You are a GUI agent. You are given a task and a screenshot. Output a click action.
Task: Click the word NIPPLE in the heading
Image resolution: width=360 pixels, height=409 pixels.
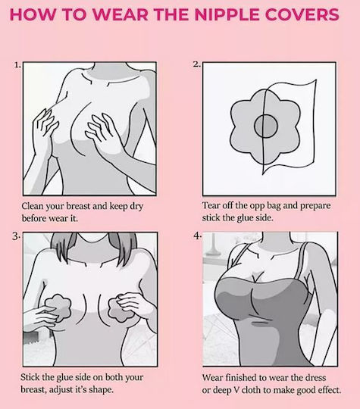(227, 14)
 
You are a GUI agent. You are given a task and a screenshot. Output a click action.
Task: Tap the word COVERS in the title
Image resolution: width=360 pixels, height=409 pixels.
(302, 14)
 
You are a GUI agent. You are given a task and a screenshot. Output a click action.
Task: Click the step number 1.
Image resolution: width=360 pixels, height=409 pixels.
(17, 65)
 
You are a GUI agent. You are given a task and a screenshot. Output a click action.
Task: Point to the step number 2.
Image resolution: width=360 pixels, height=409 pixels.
(197, 64)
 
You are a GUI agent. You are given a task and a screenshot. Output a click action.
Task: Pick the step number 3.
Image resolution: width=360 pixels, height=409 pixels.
(16, 236)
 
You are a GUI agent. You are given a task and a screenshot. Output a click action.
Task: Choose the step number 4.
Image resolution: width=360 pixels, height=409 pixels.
(197, 236)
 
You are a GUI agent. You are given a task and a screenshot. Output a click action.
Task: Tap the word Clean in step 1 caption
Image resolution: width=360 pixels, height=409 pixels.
(33, 206)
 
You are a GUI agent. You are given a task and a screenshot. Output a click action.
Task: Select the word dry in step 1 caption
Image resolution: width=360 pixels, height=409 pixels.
(136, 207)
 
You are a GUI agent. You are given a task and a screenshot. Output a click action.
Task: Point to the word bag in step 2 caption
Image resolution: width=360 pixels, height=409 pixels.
(274, 206)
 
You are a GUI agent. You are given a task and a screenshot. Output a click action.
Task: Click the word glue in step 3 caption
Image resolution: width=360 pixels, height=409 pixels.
(64, 378)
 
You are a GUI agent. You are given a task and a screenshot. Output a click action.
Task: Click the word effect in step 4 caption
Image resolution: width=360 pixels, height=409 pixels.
(330, 390)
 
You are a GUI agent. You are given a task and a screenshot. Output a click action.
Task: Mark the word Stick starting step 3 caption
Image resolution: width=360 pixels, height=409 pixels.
(30, 377)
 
